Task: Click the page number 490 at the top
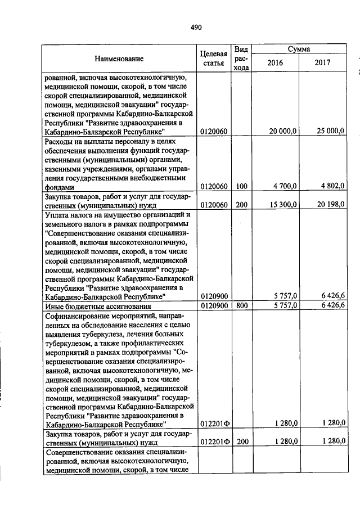click(196, 27)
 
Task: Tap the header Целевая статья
click(214, 58)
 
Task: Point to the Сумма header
click(299, 49)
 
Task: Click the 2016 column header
click(274, 63)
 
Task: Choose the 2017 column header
click(323, 63)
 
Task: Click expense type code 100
click(241, 186)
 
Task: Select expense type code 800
click(241, 305)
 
